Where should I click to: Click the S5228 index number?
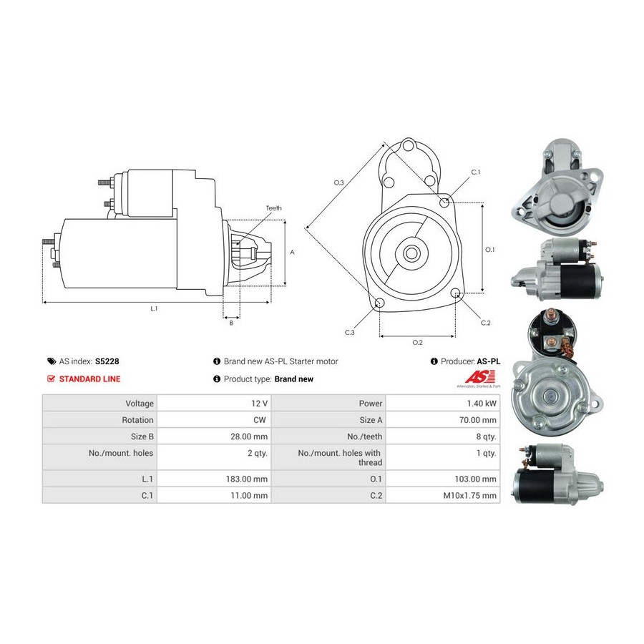click(x=107, y=361)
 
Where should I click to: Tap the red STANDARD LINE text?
click(x=89, y=379)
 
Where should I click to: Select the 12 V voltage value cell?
click(x=259, y=404)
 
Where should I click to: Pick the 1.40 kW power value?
click(x=482, y=404)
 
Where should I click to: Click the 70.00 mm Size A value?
click(x=478, y=420)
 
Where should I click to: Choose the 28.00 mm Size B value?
click(x=249, y=436)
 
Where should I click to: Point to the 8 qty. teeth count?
click(x=487, y=436)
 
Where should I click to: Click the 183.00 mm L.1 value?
click(x=246, y=479)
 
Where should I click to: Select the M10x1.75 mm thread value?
click(x=470, y=495)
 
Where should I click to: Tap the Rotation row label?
click(x=137, y=420)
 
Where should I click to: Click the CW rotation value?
click(x=260, y=420)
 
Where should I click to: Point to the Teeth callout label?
click(x=273, y=208)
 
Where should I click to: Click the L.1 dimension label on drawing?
click(x=154, y=308)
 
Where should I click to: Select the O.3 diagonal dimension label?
click(x=339, y=182)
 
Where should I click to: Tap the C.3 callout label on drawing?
click(x=349, y=332)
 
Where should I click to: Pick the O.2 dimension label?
click(x=417, y=342)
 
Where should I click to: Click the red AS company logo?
click(x=479, y=376)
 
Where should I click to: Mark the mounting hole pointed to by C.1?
click(x=444, y=202)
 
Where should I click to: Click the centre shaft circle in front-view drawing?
click(x=411, y=253)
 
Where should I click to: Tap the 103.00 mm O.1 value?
click(x=475, y=479)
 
